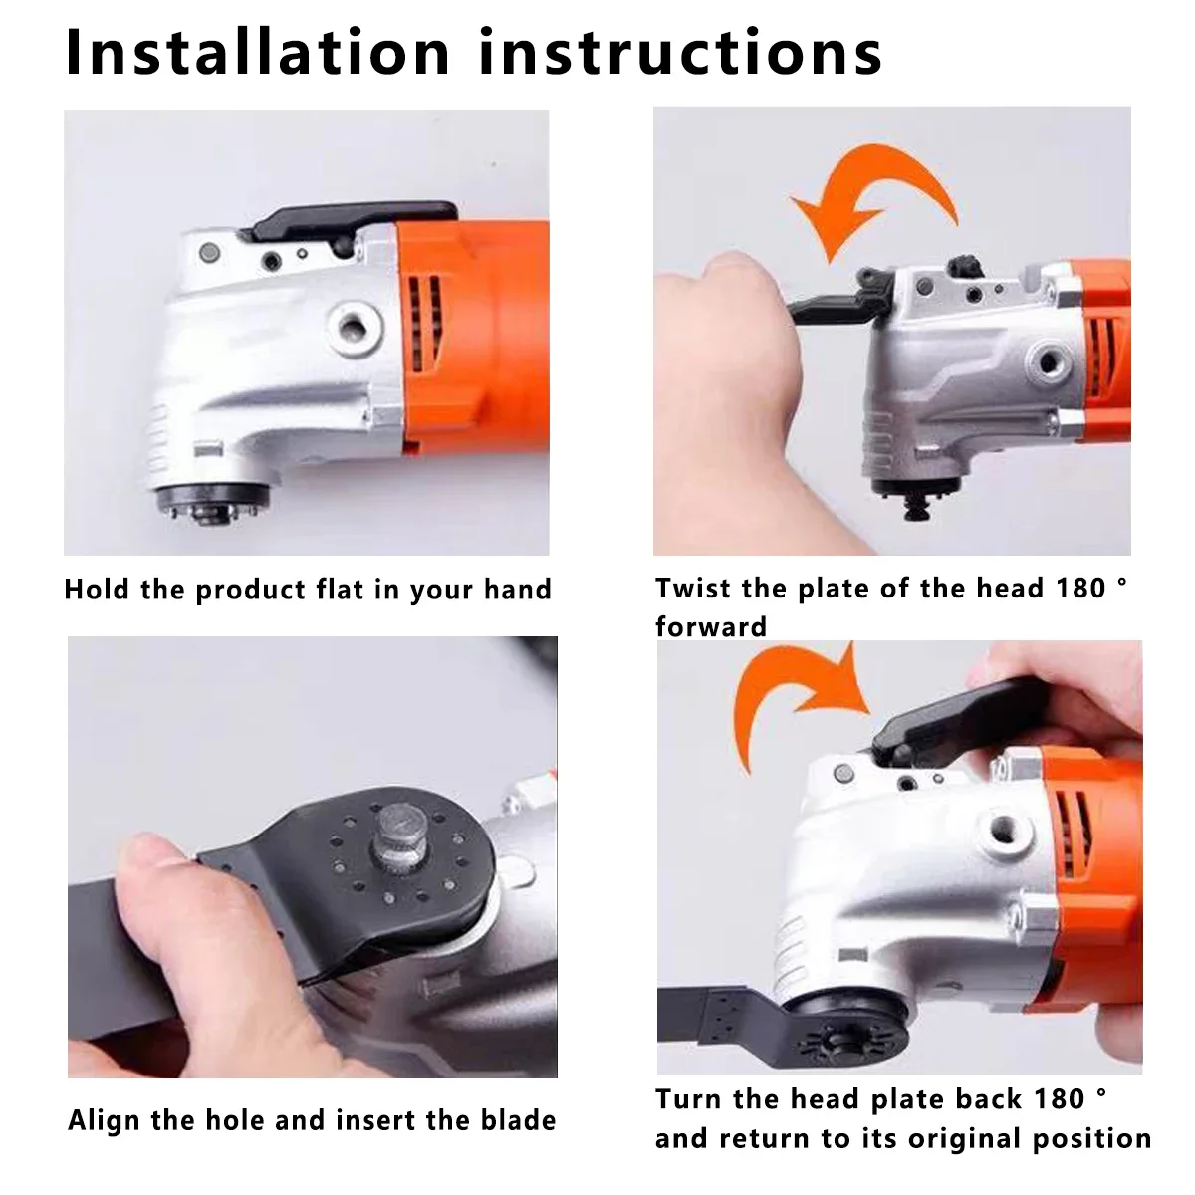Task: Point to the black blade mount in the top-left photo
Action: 213,501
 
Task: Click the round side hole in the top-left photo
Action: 353,323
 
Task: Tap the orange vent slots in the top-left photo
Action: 425,323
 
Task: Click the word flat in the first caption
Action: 341,589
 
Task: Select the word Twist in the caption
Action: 693,588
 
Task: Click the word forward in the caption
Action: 711,627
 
